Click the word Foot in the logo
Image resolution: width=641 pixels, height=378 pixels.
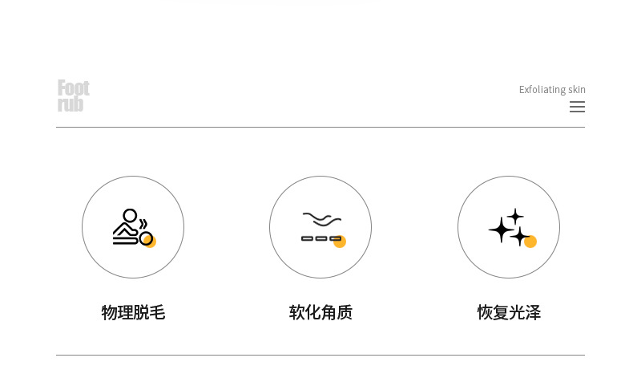click(73, 87)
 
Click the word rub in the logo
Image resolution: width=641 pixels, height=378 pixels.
click(71, 104)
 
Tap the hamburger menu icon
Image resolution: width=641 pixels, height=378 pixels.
click(577, 107)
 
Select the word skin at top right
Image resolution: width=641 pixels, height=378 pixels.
click(577, 90)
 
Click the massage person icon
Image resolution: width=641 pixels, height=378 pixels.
click(131, 227)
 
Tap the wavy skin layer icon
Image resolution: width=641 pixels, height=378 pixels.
click(321, 227)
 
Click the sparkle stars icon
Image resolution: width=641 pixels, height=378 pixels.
click(510, 227)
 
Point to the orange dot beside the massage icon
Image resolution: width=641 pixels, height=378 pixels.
click(150, 241)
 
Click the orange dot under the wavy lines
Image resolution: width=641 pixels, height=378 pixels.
click(340, 242)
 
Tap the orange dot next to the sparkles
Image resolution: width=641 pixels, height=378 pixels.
click(530, 242)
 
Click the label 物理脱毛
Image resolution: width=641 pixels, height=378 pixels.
click(133, 312)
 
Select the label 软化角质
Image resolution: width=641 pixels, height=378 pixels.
click(320, 312)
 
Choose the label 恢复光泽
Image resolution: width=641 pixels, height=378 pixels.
click(509, 312)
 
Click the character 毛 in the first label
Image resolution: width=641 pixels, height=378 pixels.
click(157, 312)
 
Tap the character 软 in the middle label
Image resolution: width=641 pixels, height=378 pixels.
click(296, 312)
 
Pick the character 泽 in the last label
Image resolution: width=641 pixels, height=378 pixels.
click(533, 312)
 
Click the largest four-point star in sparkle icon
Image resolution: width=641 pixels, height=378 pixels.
click(501, 230)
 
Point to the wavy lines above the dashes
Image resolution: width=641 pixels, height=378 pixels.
click(321, 219)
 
